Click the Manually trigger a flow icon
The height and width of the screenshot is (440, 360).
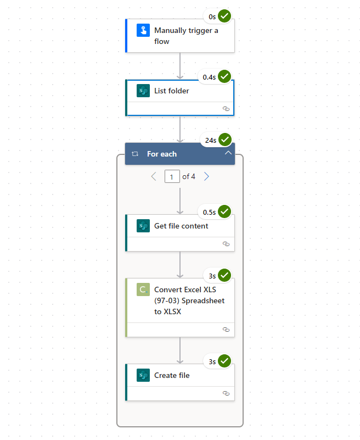[x=143, y=31]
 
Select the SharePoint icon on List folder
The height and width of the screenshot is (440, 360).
[x=143, y=91]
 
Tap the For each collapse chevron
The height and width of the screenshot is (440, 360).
[x=228, y=154]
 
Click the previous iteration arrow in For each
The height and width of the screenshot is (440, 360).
[x=154, y=176]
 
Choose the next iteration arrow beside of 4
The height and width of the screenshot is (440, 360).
[x=206, y=176]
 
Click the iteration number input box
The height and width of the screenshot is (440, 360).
[x=172, y=177]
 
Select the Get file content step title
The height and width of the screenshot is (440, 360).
[x=181, y=226]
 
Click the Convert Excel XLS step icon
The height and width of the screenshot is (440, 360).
[x=143, y=289]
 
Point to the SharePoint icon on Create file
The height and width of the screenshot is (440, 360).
[x=143, y=376]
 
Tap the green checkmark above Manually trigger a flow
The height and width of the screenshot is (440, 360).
[x=224, y=16]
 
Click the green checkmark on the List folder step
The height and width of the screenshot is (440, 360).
[x=224, y=77]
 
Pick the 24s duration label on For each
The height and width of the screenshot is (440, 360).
[x=211, y=141]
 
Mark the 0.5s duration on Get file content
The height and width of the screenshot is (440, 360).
[x=209, y=212]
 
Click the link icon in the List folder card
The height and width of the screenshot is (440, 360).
[x=226, y=109]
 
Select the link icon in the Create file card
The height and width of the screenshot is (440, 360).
[x=226, y=393]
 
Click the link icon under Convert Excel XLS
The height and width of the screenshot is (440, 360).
[x=226, y=330]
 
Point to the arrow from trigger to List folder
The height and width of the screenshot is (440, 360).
[x=180, y=66]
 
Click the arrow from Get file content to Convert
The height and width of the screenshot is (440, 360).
[x=180, y=265]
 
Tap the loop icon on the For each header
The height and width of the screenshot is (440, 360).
[x=135, y=154]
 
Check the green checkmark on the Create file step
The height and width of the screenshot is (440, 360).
[x=224, y=361]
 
